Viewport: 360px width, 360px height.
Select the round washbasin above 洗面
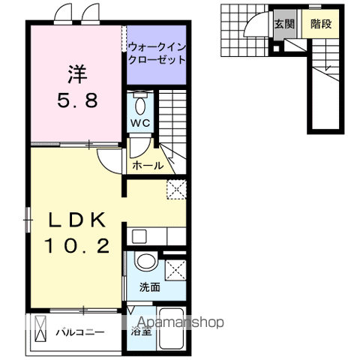click(146, 262)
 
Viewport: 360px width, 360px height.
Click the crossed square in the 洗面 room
click(175, 267)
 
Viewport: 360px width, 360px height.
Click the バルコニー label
click(79, 331)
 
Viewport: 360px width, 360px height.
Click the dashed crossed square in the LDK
click(175, 190)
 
